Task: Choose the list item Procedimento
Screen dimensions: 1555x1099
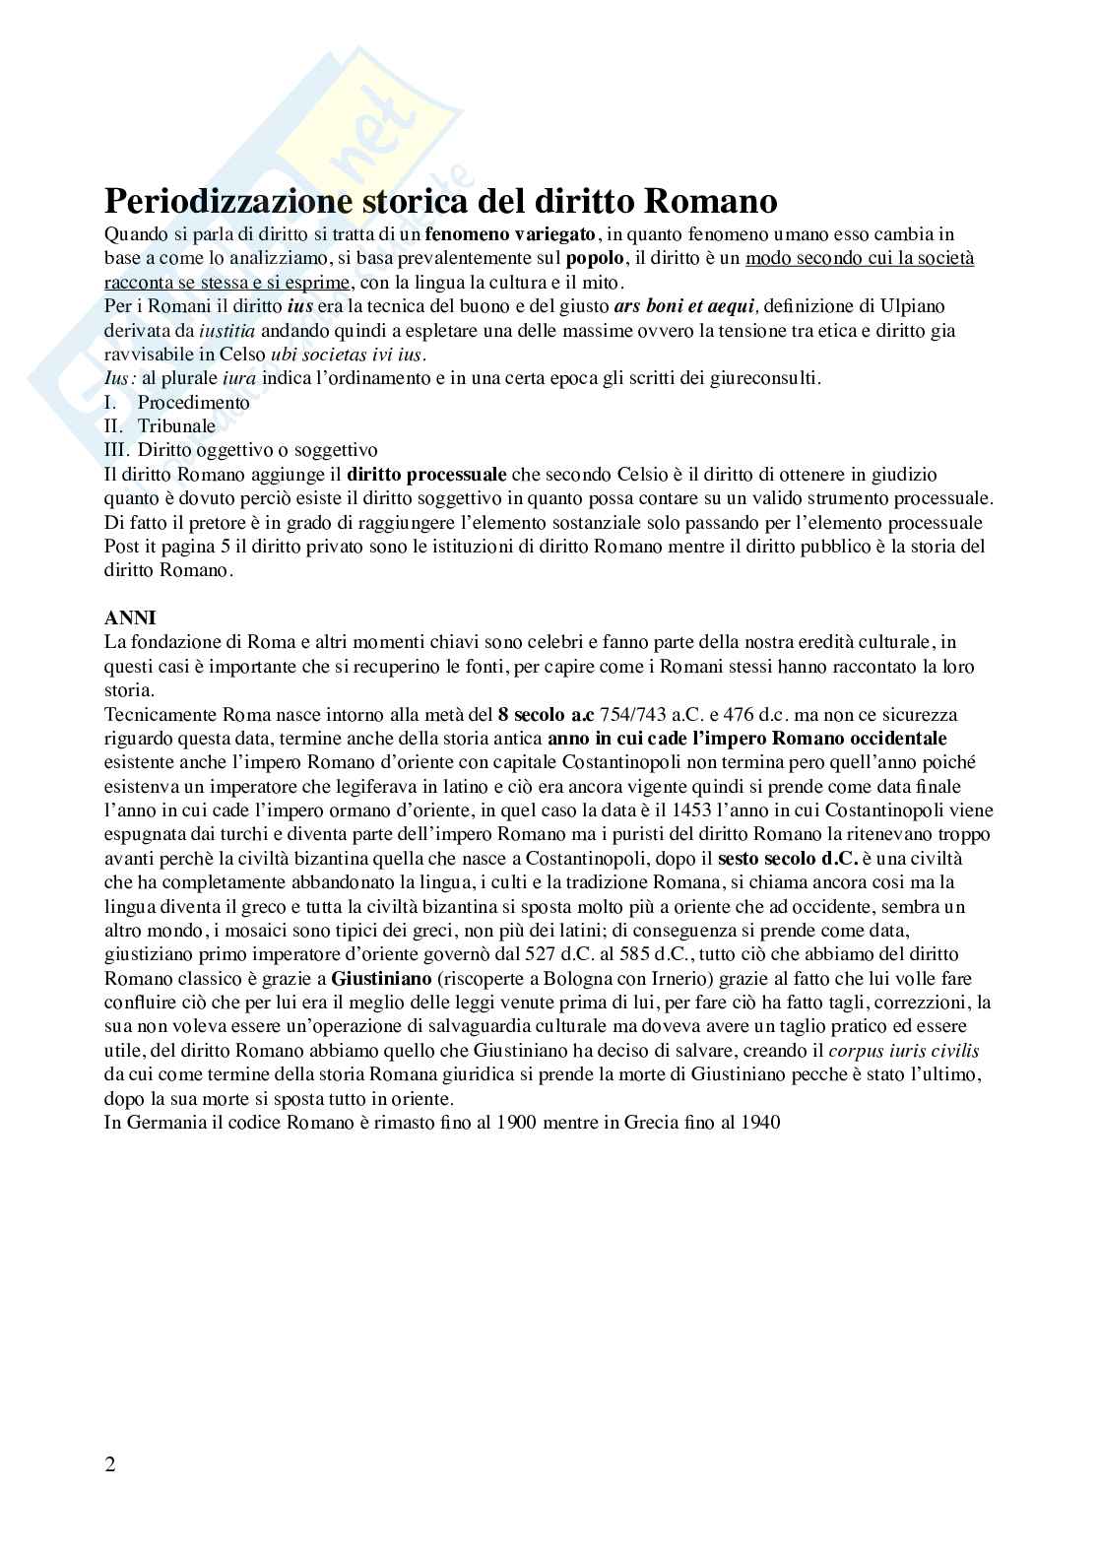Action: click(193, 403)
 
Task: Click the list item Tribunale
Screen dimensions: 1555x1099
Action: click(176, 426)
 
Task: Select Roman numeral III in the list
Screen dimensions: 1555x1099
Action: click(116, 450)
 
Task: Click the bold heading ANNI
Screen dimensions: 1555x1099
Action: click(130, 618)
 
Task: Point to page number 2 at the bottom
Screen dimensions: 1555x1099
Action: click(109, 1464)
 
